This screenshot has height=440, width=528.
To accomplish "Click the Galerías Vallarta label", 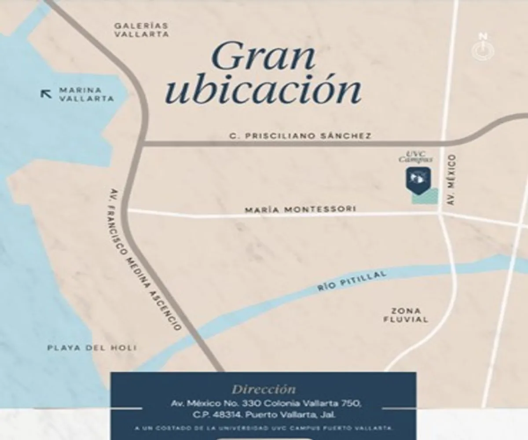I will click(x=141, y=30).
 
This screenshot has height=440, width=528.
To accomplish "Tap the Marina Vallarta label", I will click(x=86, y=94).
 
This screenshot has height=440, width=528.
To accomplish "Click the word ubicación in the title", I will click(x=265, y=90).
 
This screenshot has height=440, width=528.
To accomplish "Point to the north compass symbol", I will click(x=483, y=48).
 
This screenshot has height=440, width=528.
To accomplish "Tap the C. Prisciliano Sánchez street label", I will click(x=301, y=136).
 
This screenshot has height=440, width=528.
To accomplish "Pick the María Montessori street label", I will click(x=300, y=209).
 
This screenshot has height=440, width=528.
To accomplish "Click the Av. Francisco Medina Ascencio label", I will click(x=145, y=259).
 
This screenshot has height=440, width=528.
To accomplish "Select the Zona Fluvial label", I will click(x=405, y=315).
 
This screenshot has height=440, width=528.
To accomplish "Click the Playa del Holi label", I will click(x=92, y=348).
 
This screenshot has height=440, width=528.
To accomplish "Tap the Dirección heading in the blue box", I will click(x=264, y=389).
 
